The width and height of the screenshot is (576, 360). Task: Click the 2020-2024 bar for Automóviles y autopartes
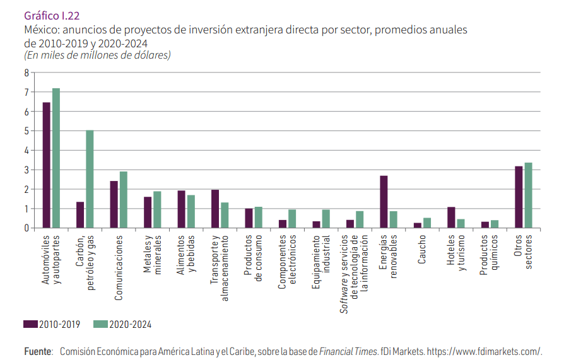(x=56, y=158)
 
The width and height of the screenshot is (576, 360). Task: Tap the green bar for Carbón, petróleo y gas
(x=90, y=179)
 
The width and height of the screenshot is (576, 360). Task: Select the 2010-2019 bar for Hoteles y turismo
(x=451, y=218)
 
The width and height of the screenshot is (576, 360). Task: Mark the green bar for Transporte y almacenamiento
(x=225, y=215)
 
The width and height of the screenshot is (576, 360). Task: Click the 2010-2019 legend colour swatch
(x=30, y=324)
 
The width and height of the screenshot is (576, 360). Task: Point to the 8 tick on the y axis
(x=26, y=73)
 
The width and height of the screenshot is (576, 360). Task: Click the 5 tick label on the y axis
(x=26, y=131)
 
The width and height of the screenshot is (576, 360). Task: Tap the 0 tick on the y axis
(x=26, y=228)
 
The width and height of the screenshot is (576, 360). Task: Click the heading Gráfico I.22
(x=52, y=15)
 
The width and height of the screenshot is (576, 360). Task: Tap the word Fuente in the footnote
(x=37, y=351)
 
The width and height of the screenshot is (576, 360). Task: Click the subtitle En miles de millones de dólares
(x=98, y=55)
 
